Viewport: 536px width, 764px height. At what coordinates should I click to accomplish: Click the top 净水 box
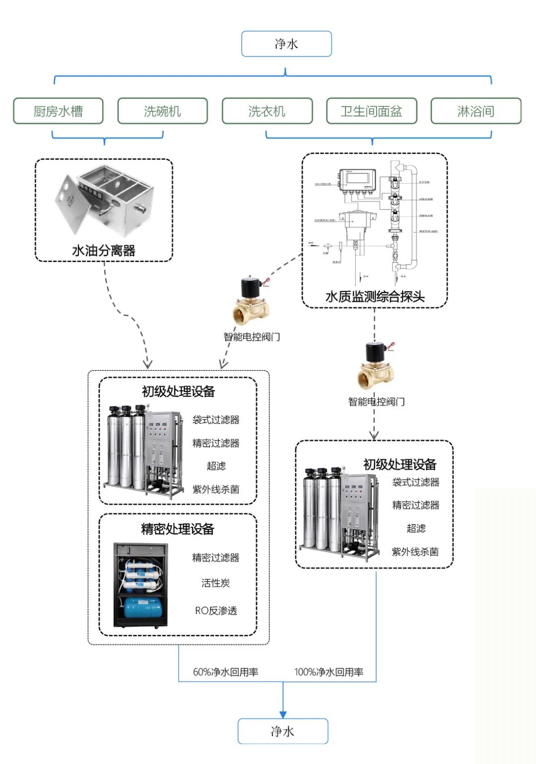point(286,44)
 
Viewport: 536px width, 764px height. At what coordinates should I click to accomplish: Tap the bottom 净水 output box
point(283,731)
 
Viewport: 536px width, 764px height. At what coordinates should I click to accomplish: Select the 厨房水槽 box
point(58,111)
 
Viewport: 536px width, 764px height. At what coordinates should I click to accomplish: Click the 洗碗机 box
point(162,111)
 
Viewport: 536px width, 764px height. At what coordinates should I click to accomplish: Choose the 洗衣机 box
point(267,111)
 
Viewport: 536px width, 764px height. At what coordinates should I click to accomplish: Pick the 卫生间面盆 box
point(371,111)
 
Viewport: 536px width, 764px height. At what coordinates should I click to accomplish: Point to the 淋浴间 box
point(475,111)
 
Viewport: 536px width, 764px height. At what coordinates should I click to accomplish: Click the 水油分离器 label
point(104,250)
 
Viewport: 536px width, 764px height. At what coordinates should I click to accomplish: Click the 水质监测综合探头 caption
point(375,296)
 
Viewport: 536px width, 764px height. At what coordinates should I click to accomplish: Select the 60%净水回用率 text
point(225,672)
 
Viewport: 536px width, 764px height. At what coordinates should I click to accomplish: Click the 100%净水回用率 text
point(329,672)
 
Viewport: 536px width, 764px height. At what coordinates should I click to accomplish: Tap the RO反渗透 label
point(216,610)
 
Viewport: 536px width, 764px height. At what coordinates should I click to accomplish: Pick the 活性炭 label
point(215,583)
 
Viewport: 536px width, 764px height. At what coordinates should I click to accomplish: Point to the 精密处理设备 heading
point(178,529)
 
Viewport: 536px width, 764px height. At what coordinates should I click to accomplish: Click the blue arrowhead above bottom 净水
point(283,714)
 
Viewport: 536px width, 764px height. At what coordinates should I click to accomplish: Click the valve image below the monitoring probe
point(376,367)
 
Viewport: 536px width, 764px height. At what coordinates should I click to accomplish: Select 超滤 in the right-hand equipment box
point(416,528)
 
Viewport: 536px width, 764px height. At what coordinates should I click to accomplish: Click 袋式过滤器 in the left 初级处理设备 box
point(216,419)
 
